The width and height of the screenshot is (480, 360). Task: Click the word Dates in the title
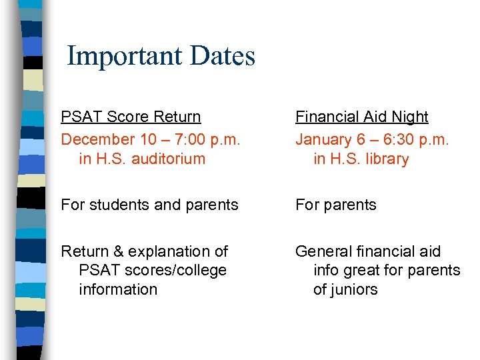click(x=223, y=56)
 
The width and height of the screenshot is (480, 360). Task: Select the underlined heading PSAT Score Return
click(x=131, y=117)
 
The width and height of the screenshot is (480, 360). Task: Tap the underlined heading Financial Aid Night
click(x=361, y=117)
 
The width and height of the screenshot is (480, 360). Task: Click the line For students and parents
click(x=149, y=205)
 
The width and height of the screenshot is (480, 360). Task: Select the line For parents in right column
click(x=335, y=205)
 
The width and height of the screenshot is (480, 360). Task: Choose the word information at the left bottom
click(x=118, y=289)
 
